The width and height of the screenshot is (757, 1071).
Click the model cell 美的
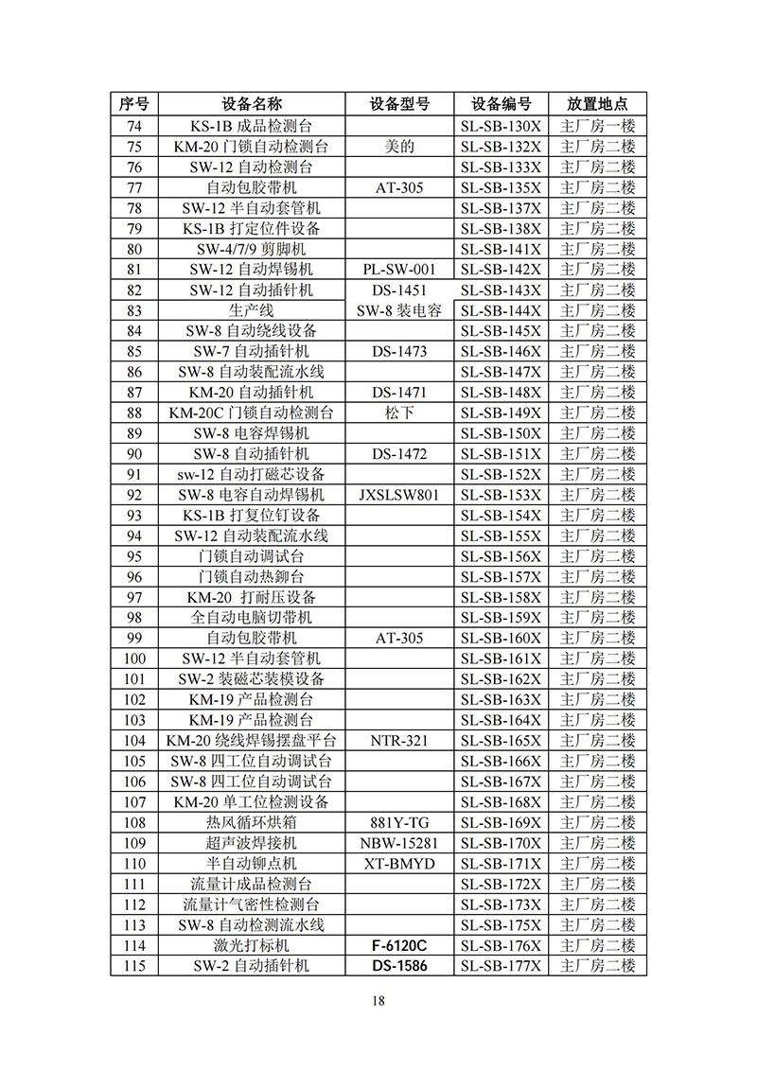[399, 147]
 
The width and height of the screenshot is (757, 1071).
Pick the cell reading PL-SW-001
[399, 270]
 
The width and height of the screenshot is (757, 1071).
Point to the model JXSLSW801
[399, 495]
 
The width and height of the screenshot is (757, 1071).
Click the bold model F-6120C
[399, 945]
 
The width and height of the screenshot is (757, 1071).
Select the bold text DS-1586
[399, 966]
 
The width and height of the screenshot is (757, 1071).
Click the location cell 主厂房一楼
[597, 126]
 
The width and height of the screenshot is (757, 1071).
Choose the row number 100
[135, 658]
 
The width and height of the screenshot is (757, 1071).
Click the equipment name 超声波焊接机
[252, 843]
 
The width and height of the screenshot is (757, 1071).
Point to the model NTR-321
[399, 741]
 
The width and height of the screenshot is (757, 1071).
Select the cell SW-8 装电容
[399, 310]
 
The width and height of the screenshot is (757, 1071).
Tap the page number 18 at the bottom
[378, 1001]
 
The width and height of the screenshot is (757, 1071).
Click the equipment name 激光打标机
[252, 945]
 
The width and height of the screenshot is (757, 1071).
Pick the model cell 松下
[399, 413]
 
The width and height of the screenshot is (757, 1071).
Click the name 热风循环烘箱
[252, 822]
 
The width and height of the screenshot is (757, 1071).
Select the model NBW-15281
[399, 843]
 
